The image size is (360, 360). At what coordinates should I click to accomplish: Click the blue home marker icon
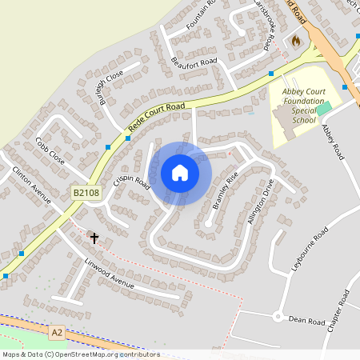coord(180,173)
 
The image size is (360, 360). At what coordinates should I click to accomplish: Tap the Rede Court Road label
coord(157,118)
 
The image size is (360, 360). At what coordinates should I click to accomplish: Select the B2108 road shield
coord(86,193)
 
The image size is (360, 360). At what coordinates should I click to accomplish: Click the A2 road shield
coord(56,331)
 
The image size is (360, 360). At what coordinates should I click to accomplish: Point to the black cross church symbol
coord(94,238)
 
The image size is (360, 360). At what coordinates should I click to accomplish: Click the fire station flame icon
coord(296,40)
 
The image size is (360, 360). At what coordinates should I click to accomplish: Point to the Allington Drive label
coord(262,204)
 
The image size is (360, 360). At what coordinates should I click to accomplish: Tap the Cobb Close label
coord(50,150)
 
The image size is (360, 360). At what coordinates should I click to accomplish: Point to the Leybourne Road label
coord(310,248)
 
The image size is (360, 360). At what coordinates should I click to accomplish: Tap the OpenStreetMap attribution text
coord(80,354)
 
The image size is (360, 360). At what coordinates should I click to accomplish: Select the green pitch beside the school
coord(323,108)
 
